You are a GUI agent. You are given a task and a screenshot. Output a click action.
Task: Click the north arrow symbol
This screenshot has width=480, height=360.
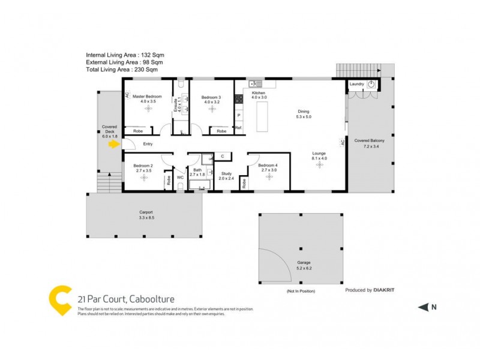(x=423, y=307)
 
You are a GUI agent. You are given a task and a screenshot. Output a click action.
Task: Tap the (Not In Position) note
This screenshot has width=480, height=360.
(x=301, y=291)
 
